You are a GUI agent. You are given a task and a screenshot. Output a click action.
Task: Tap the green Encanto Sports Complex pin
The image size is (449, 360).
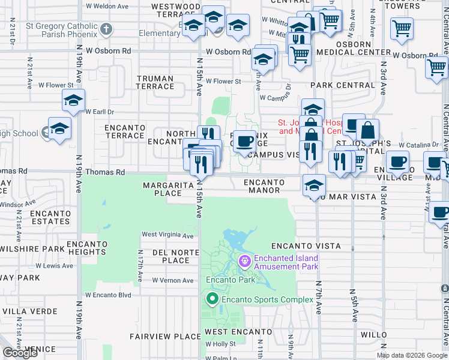pyautogui.click(x=211, y=299)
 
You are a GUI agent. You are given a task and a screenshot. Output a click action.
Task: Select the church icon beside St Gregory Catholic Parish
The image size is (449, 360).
pyautogui.click(x=106, y=29)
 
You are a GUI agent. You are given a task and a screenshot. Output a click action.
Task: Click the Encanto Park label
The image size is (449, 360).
pyautogui.click(x=231, y=280)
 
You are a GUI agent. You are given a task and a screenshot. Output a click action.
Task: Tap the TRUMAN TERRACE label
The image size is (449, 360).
pyautogui.click(x=155, y=82)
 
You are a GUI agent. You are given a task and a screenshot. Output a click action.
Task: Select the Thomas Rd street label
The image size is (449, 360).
pyautogui.click(x=105, y=172)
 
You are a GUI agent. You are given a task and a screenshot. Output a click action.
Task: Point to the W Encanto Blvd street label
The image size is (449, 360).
pyautogui.click(x=108, y=295)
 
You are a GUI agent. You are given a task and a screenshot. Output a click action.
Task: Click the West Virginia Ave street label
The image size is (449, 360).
pyautogui.click(x=167, y=235)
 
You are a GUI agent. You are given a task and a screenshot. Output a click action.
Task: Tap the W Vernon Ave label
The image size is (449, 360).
pyautogui.click(x=173, y=280)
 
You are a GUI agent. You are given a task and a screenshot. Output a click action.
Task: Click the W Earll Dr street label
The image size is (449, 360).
pyautogui.click(x=100, y=112)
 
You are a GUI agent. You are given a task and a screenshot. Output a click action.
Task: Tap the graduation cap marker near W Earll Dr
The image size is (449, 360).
pyautogui.click(x=73, y=101)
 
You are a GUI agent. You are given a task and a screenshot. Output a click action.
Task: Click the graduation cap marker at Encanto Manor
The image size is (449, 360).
pyautogui.click(x=314, y=185)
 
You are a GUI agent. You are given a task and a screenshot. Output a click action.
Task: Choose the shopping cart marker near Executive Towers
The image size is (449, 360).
pyautogui.click(x=401, y=28)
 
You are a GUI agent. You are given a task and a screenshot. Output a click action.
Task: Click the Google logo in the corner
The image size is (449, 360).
pyautogui.click(x=20, y=353)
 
